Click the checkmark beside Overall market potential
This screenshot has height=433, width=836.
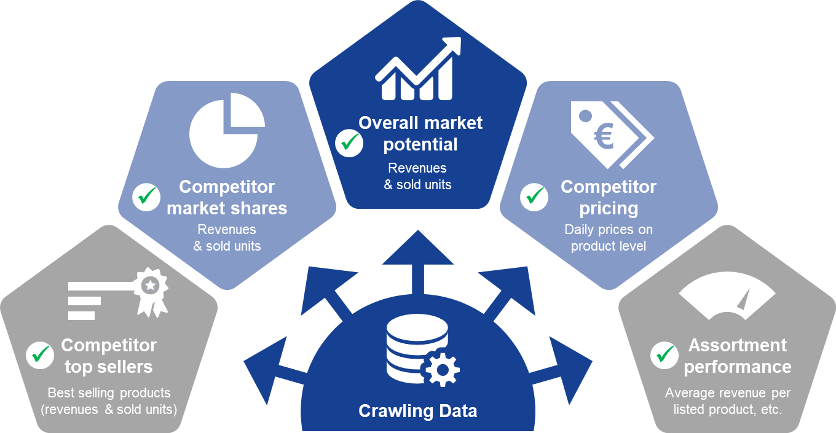pos(349,143)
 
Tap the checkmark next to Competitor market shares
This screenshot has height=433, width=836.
pos(146,197)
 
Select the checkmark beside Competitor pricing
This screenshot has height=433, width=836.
pos(534,197)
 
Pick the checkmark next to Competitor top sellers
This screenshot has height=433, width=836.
pos(40,356)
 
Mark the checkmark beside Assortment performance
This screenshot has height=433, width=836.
pos(664,356)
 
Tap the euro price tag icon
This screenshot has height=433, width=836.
pos(612,135)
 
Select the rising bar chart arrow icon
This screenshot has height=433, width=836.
pos(418,69)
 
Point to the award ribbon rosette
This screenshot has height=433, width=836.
pos(151,292)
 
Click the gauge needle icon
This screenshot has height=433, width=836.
pos(744,300)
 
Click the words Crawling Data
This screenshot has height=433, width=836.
pos(417,411)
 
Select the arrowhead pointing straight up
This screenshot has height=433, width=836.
pos(418,248)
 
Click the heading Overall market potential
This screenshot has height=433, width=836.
pos(420,133)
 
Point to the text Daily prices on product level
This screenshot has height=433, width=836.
pos(609,238)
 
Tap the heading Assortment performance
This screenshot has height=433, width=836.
pos(738,356)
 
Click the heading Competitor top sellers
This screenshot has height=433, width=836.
pos(109,356)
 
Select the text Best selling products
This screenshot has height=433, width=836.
pos(109,392)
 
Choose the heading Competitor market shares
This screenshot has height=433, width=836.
pos(227,197)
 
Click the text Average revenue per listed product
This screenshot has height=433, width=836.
pos(728,401)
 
